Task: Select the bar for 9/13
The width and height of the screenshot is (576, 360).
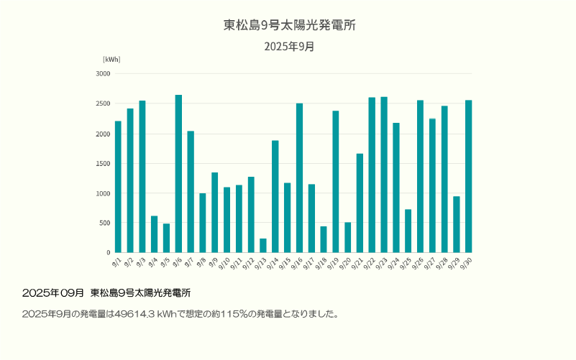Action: point(263,246)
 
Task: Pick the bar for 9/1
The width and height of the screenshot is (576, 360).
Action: point(118,187)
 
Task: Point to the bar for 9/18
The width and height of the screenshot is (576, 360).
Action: point(324,240)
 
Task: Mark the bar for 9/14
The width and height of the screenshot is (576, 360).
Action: point(275,197)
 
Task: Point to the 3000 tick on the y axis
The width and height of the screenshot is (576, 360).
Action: point(103,73)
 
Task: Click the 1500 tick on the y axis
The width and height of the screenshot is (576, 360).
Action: point(103,163)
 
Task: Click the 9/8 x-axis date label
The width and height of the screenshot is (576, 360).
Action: point(202,262)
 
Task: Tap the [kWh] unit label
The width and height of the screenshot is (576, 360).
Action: point(111,59)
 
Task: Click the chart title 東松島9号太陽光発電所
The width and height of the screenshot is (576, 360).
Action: point(289,25)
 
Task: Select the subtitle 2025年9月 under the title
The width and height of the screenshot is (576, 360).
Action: point(289,47)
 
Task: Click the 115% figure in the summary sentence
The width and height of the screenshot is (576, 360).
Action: point(224,314)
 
